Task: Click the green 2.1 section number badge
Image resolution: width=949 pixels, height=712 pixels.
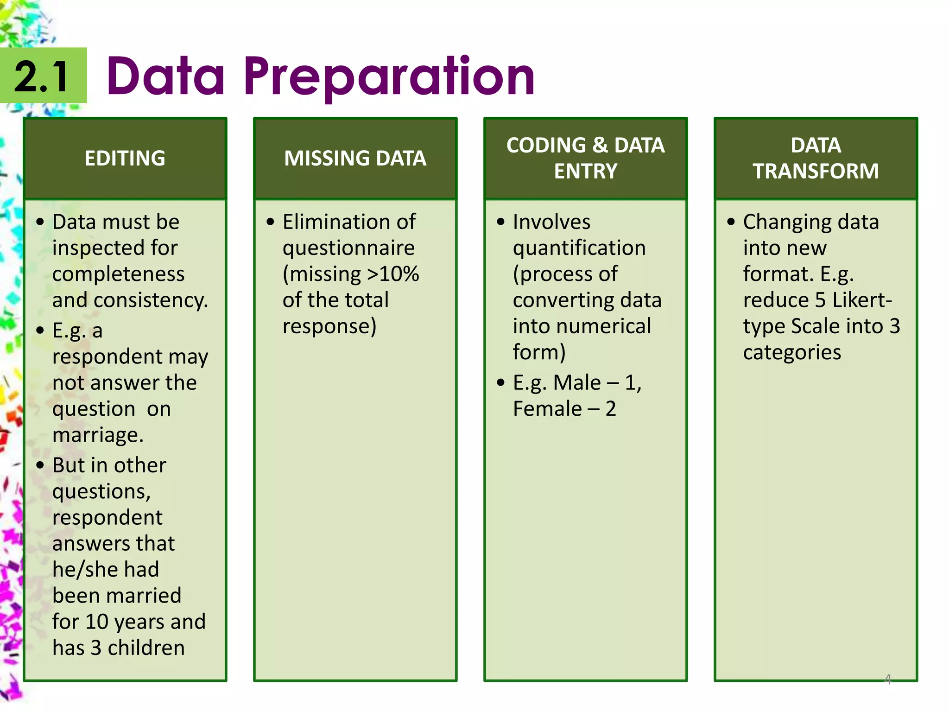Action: (43, 76)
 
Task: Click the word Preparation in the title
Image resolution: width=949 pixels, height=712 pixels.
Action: (389, 76)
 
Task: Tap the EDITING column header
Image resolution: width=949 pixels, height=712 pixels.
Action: (125, 159)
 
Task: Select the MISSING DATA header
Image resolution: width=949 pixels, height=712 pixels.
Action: (355, 159)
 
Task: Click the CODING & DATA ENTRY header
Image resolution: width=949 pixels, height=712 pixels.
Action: (585, 158)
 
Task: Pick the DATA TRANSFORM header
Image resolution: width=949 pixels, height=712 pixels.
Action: (816, 158)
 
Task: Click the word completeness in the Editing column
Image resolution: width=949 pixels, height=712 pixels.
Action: (118, 274)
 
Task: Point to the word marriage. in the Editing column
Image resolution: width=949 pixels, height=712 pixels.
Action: (98, 435)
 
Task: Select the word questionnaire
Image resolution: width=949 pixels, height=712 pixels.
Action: (348, 248)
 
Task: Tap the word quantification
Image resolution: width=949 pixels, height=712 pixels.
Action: (579, 248)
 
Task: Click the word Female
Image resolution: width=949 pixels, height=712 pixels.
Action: (547, 409)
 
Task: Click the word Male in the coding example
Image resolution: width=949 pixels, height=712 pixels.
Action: (576, 383)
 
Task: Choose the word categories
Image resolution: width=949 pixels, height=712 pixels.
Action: (792, 352)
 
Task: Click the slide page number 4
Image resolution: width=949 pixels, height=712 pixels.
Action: (887, 679)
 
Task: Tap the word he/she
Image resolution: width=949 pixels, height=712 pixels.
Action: (82, 569)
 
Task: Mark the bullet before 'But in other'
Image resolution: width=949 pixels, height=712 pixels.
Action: (40, 465)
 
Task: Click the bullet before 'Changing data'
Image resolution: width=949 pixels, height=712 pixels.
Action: (731, 222)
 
